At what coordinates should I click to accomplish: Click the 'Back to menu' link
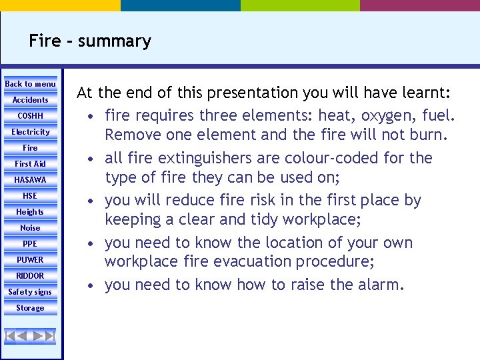(31, 84)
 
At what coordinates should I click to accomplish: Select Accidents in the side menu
(31, 100)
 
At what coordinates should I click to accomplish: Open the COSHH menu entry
(31, 116)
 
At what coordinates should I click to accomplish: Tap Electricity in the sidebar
(31, 132)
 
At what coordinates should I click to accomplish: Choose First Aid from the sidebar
(31, 164)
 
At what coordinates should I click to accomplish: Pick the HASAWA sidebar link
(31, 180)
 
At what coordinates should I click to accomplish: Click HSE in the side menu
(31, 196)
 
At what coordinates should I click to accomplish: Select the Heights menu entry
(31, 212)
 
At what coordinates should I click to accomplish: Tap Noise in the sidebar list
(31, 228)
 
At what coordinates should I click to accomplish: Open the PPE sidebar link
(31, 244)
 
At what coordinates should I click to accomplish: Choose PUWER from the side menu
(31, 260)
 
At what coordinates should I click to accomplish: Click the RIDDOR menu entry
(31, 276)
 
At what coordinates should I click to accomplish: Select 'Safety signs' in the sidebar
(31, 292)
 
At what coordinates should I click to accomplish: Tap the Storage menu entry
(31, 308)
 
